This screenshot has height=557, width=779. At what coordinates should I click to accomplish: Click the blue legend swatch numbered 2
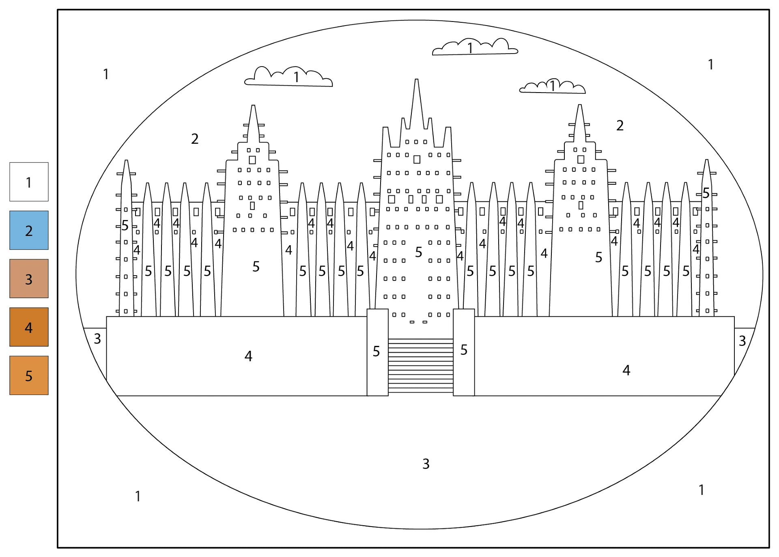[x=29, y=230]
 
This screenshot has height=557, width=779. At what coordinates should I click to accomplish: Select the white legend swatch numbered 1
[x=29, y=182]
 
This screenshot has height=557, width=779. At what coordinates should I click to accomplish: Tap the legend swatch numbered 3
[x=29, y=278]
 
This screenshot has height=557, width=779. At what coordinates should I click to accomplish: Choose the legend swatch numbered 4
[x=29, y=327]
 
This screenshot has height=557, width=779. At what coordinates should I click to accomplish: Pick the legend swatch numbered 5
[x=29, y=375]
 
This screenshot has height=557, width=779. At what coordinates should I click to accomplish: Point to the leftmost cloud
[x=288, y=77]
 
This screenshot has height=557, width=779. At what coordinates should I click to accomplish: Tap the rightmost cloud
[x=553, y=86]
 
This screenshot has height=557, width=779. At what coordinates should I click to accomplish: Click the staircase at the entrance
[x=421, y=366]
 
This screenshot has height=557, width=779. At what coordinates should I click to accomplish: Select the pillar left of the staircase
[x=378, y=352]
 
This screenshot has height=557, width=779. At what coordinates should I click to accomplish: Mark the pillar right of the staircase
[x=464, y=352]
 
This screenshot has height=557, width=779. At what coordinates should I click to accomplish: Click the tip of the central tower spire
[x=417, y=80]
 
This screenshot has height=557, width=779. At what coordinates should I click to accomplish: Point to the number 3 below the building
[x=426, y=464]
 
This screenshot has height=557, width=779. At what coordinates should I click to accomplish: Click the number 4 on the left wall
[x=248, y=356]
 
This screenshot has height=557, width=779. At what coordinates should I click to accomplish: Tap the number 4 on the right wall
[x=626, y=370]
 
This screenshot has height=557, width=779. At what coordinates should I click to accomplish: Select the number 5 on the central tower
[x=419, y=252]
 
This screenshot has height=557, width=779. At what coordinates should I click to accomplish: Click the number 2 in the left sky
[x=195, y=139]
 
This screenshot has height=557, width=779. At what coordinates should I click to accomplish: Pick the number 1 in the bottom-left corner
[x=138, y=496]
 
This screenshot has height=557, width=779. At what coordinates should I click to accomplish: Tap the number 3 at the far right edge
[x=742, y=341]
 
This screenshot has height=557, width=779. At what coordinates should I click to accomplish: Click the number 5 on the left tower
[x=256, y=266]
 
